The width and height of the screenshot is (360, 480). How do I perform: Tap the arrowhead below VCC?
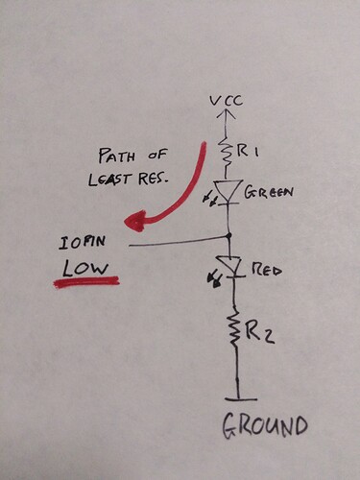tap(228, 115)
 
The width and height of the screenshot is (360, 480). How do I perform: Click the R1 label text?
tap(253, 151)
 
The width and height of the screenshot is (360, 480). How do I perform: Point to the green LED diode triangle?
tap(228, 192)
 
